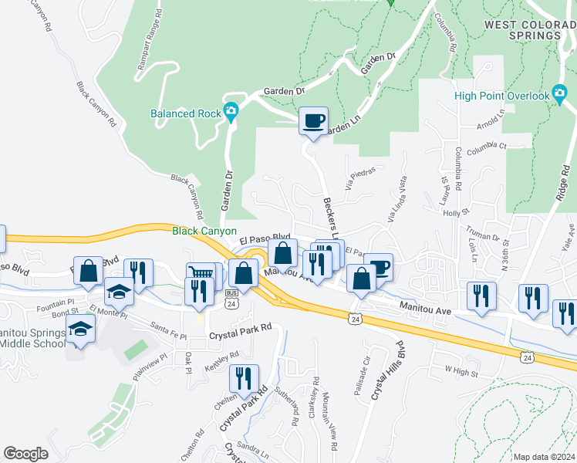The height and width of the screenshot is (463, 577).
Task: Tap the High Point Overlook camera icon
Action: [x=560, y=95]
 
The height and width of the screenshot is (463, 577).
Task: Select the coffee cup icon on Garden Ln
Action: [x=313, y=122]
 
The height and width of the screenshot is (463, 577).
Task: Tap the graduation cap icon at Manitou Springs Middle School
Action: [x=81, y=330]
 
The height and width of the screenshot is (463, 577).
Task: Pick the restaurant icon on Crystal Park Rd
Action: [x=243, y=378]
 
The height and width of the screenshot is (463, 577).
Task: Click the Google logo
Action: [x=25, y=454]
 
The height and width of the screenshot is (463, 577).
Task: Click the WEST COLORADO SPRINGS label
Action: [x=530, y=30]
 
